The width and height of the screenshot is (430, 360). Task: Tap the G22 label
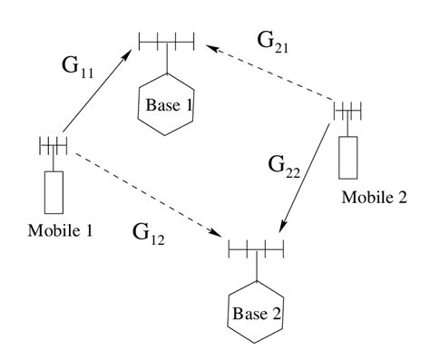tap(284, 168)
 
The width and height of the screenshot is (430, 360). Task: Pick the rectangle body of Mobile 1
tap(55, 190)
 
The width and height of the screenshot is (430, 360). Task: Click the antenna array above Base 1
tap(167, 41)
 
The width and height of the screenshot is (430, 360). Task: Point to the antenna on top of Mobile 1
tap(54, 144)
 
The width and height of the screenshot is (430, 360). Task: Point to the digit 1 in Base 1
tap(189, 105)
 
